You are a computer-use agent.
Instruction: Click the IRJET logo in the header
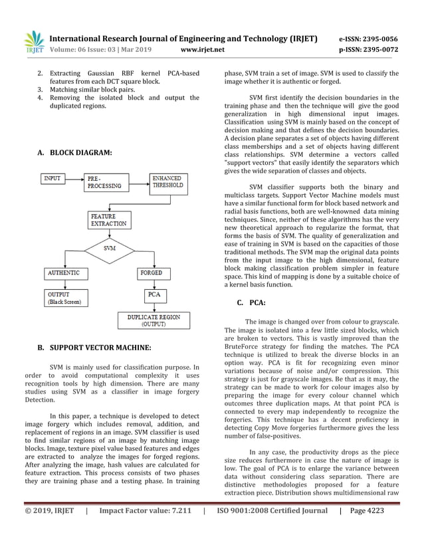pos(33,43)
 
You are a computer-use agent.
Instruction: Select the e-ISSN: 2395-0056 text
pos(368,39)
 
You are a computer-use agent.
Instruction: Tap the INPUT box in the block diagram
pos(53,179)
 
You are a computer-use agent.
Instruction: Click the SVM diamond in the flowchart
pos(110,248)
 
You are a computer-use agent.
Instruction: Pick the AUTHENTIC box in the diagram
pos(64,273)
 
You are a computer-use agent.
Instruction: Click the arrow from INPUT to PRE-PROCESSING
pos(74,179)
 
